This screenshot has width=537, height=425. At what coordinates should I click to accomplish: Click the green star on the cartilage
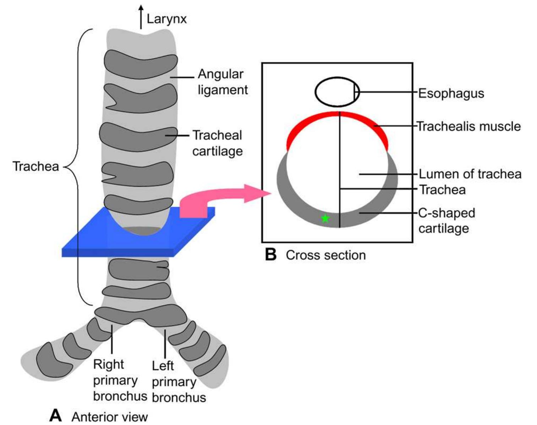(325, 219)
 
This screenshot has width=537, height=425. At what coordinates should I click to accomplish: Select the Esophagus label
(451, 93)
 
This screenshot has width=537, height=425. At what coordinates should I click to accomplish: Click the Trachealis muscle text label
(468, 126)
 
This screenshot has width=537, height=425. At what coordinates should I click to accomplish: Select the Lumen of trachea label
(470, 174)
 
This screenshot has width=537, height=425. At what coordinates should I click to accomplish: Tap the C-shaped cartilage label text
(446, 220)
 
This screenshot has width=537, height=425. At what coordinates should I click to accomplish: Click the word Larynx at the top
(166, 19)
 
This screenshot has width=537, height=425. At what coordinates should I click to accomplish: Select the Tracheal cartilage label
(218, 143)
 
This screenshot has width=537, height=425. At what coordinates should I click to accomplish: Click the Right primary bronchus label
(120, 380)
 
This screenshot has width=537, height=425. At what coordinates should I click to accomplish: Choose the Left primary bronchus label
(179, 382)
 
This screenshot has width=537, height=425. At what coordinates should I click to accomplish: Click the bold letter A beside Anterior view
(56, 415)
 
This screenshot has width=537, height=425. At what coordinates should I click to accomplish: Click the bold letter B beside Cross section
(271, 255)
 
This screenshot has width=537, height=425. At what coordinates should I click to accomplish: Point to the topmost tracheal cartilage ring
(141, 62)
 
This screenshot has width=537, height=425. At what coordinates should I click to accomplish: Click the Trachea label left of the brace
(35, 166)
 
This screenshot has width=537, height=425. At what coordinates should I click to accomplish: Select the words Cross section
(325, 255)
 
